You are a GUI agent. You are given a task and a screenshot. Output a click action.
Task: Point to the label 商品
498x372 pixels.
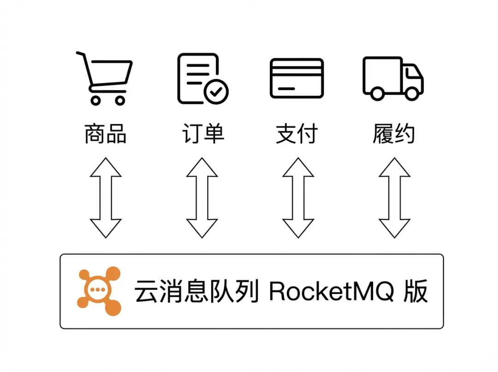106,133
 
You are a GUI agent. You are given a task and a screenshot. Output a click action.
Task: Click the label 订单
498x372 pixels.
203,133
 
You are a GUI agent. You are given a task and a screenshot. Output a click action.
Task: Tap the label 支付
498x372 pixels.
297,133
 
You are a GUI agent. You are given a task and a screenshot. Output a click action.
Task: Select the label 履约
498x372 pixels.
393,133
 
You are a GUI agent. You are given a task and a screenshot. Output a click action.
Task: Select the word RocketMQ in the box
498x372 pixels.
332,291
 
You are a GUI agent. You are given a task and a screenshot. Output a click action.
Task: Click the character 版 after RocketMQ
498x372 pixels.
415,291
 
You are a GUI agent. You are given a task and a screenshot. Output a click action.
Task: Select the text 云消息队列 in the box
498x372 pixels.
196,291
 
